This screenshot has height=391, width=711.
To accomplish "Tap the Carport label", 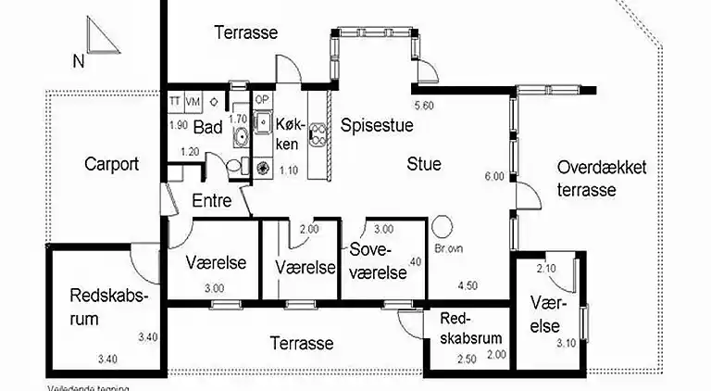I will tap(111, 164).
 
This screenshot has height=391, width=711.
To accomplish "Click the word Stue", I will tap(425, 164).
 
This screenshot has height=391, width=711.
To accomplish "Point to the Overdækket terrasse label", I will tap(602, 178).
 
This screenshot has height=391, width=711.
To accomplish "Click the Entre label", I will tap(211, 200).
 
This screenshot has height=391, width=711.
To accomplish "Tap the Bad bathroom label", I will tap(207, 128).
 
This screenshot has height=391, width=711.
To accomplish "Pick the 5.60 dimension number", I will tap(425, 105).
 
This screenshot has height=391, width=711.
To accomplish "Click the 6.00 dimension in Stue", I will tap(493, 176).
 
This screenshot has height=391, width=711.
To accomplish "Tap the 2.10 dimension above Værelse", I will tap(546, 269).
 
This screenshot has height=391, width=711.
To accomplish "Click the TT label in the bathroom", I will tap(175, 100).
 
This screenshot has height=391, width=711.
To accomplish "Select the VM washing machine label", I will tap(193, 100).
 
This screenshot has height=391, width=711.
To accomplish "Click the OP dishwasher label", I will tap(262, 100).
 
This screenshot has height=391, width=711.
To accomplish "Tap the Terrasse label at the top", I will tap(245, 32).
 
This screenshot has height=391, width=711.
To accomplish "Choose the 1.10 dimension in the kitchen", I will tap(288, 170).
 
